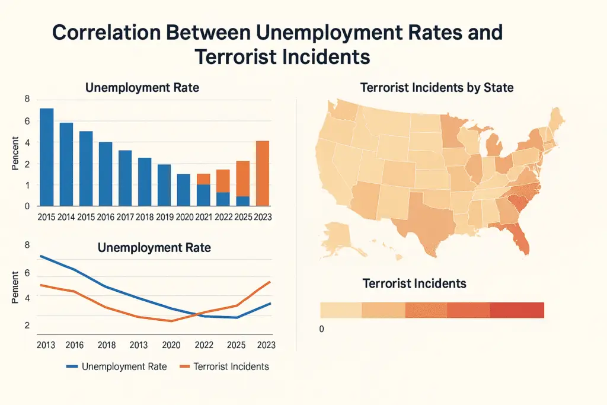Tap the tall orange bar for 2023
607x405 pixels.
(x=263, y=173)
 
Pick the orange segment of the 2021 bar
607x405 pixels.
(x=203, y=179)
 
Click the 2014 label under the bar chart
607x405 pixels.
(x=66, y=217)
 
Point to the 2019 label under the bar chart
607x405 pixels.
(x=164, y=217)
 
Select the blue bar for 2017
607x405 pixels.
(x=125, y=177)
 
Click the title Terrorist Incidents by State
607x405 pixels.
(x=437, y=88)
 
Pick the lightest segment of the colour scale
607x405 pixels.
(x=340, y=310)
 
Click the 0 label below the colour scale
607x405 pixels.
(x=322, y=329)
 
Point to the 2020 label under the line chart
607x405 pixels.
(x=171, y=345)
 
